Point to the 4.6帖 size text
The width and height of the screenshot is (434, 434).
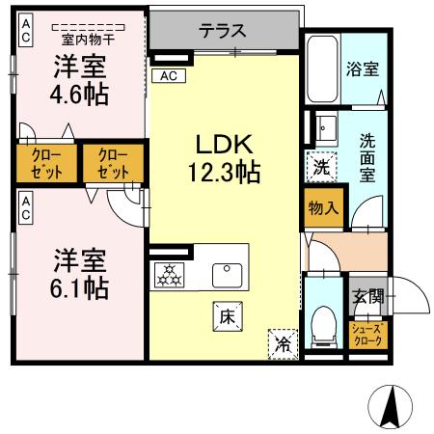pos(80,94)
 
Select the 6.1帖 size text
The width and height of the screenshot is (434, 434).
pos(80,287)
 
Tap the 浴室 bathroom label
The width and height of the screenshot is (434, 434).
pos(362,69)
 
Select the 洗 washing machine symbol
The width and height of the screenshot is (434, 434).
pos(320,165)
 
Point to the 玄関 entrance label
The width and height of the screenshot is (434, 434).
pos(366,296)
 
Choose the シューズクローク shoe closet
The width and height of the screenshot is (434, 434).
pos(366,335)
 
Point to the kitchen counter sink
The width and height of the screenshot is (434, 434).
pos(228,274)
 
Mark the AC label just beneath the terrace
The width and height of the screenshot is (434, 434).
pos(169,76)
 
